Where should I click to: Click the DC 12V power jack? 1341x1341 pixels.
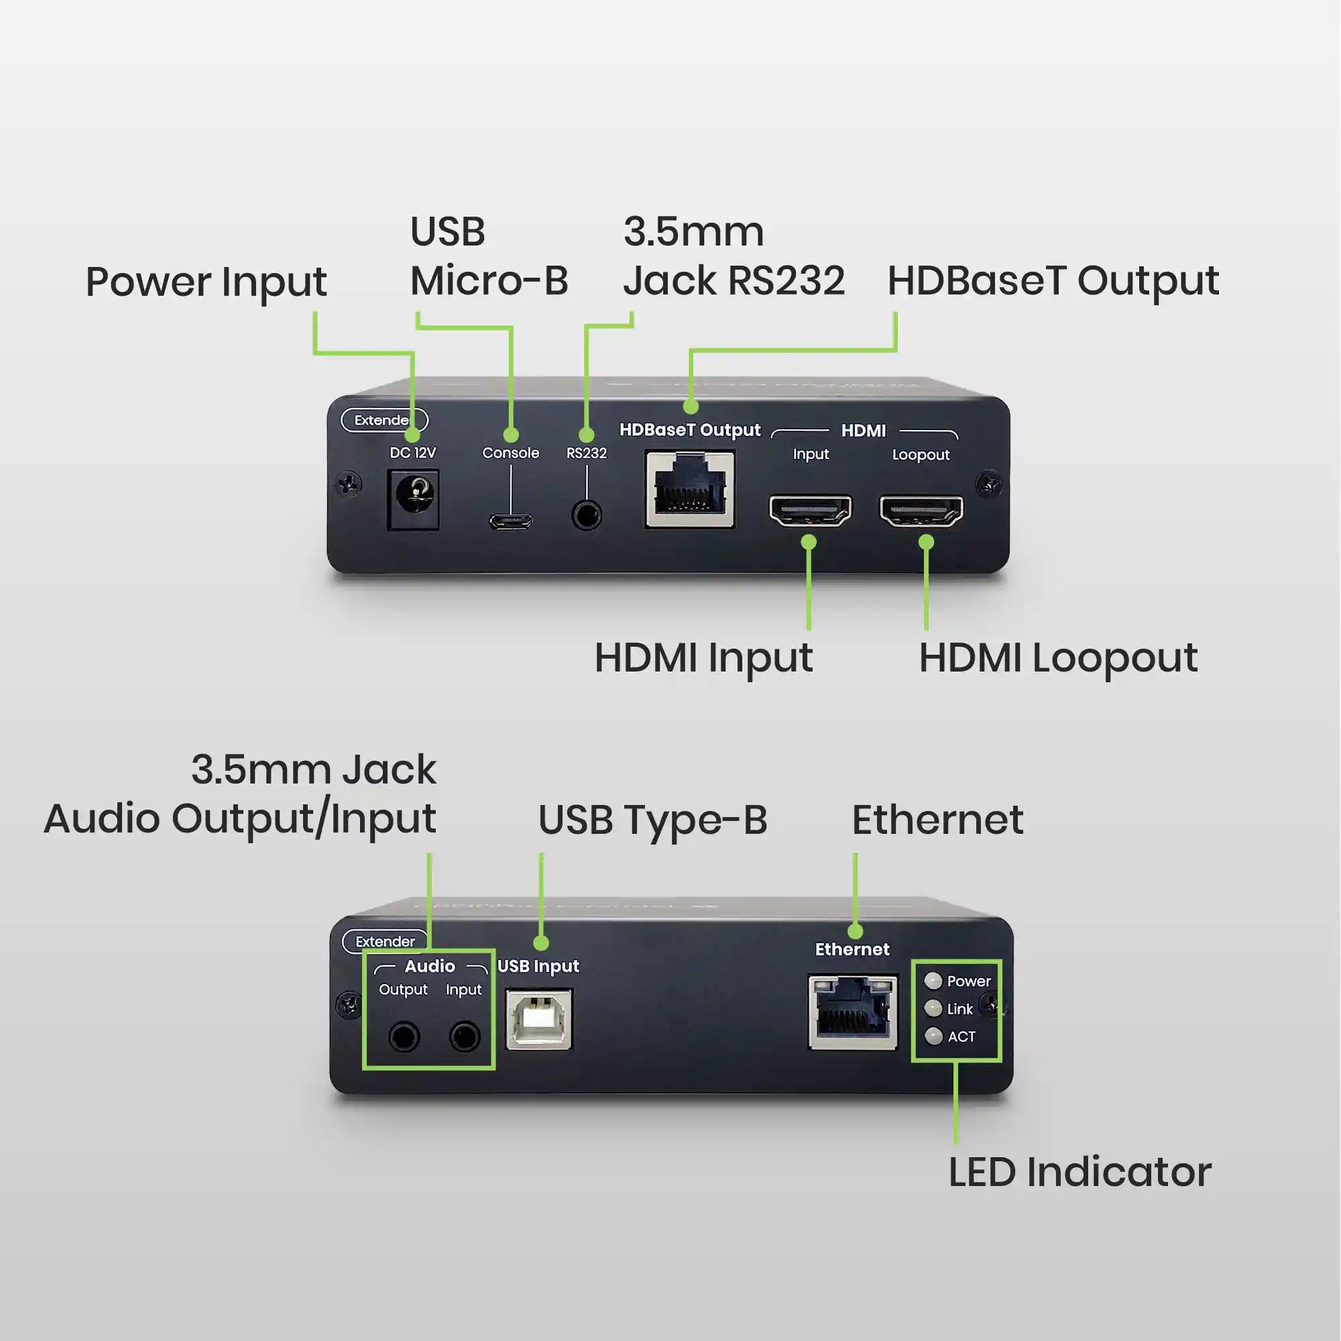tap(413, 499)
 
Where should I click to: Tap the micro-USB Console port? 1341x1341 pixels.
tap(511, 521)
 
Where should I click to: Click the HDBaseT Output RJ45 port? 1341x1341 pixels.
tap(690, 489)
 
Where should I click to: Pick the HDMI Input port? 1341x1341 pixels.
tap(810, 511)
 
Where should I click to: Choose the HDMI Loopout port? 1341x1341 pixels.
tap(921, 511)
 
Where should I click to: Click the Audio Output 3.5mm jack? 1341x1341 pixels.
tap(404, 1037)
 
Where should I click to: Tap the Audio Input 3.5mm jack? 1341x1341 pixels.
tap(465, 1037)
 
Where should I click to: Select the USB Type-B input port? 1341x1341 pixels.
tap(538, 1020)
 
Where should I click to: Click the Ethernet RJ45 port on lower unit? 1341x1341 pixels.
tap(853, 1012)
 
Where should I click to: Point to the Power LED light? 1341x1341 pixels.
tap(933, 981)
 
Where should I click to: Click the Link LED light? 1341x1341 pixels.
tap(933, 1008)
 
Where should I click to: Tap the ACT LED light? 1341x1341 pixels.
tap(933, 1037)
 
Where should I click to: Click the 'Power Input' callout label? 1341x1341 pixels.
tap(206, 282)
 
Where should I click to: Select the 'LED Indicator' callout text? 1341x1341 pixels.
tap(1080, 1172)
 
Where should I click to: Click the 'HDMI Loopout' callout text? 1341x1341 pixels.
tap(1059, 658)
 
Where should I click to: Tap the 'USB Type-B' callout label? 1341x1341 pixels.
tap(652, 820)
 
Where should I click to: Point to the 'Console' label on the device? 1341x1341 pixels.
tap(511, 453)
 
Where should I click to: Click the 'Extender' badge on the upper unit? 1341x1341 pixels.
tap(384, 420)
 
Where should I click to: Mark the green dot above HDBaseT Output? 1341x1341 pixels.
tap(691, 407)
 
